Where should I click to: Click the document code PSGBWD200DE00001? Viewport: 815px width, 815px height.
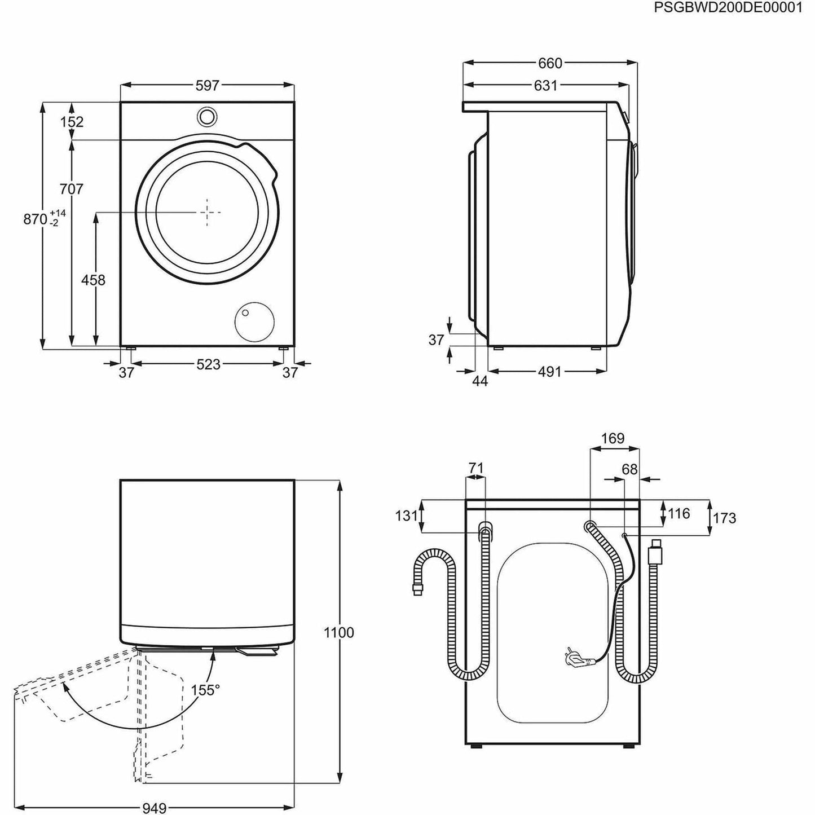[728, 8]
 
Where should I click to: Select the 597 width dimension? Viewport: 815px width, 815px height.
[207, 86]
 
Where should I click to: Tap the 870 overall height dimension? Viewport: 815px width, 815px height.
[36, 219]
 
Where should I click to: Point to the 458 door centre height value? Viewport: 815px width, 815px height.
[93, 280]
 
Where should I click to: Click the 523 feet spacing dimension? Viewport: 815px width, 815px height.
[208, 364]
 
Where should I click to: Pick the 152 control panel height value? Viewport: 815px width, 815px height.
[72, 122]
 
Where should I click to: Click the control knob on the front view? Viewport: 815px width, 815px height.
[207, 116]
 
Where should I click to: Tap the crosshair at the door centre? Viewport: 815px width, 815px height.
[208, 213]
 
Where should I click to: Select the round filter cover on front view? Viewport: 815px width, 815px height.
[254, 321]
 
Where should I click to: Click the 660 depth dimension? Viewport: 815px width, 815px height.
[550, 63]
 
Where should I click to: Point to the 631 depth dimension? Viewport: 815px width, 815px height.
[545, 86]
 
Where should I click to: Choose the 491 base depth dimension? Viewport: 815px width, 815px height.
[549, 372]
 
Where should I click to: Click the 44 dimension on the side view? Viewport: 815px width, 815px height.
[479, 381]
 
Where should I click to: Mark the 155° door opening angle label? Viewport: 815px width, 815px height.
[205, 690]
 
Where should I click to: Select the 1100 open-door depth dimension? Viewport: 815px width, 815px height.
[339, 633]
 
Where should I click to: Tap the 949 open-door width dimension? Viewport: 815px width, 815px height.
[153, 809]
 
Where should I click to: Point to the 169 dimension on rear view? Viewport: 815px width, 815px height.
[613, 438]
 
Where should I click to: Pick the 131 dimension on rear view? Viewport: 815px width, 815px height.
[406, 516]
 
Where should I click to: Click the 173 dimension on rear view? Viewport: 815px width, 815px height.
[724, 518]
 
